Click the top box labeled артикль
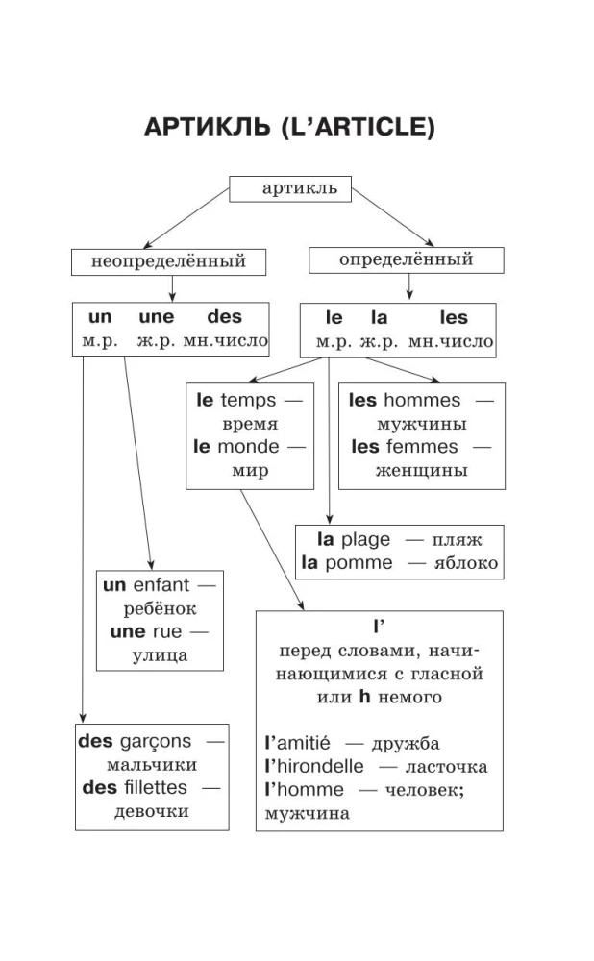pos(289,188)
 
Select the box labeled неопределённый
pos(168,261)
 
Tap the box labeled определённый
pos(407,259)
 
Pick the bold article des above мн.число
pos(225,318)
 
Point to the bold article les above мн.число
pos(454,318)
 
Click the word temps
pos(248,401)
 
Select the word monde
pos(249,447)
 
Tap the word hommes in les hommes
pos(422,401)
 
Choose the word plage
pos(366,540)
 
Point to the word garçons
pos(157,742)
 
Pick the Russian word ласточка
pos(447,767)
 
